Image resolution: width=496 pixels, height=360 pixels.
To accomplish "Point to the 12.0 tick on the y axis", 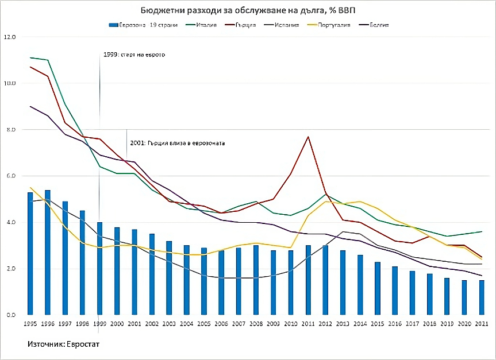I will [10, 37].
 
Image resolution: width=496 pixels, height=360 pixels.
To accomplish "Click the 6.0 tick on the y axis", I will [11, 176].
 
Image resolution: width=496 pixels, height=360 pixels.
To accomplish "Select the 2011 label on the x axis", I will [308, 324].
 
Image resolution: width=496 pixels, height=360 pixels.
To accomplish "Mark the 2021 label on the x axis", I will [482, 324].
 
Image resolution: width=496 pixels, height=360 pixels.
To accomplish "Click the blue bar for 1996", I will [48, 253].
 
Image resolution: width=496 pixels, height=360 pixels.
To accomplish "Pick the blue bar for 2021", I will [482, 297].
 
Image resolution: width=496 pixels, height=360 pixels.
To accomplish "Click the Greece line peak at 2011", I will [308, 137].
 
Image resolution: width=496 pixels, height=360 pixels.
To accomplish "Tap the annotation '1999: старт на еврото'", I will [134, 55].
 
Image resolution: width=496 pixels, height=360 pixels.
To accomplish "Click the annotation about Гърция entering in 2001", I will [177, 142].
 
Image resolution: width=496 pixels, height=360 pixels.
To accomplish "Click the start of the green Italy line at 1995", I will [30, 57].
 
